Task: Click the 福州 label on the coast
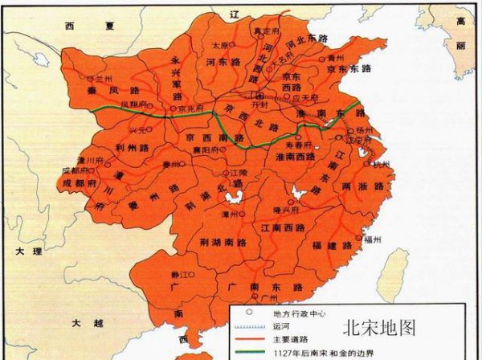click(x=372, y=239)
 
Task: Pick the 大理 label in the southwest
click(x=25, y=251)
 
